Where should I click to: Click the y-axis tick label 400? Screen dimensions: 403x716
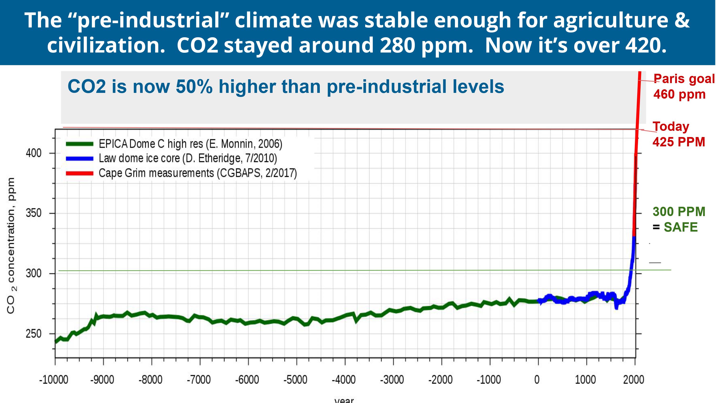33,153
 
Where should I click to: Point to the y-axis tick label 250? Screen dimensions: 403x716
33,334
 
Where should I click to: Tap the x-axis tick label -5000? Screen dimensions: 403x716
295,380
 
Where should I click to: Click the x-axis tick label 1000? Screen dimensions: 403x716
585,380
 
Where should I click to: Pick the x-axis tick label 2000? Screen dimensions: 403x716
633,380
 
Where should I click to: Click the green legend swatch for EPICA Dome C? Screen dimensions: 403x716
79,144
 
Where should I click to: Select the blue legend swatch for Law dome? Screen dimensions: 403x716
79,159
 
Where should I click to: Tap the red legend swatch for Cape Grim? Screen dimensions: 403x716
79,173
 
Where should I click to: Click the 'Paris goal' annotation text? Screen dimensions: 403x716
684,79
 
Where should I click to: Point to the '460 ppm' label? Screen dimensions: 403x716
679,94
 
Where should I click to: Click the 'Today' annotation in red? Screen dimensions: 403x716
671,127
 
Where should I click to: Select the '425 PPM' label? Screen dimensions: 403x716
679,142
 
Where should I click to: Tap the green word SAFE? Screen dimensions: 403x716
681,227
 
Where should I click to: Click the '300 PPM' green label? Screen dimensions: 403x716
679,212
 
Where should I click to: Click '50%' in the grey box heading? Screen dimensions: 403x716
194,86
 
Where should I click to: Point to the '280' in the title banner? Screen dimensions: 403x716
397,45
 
